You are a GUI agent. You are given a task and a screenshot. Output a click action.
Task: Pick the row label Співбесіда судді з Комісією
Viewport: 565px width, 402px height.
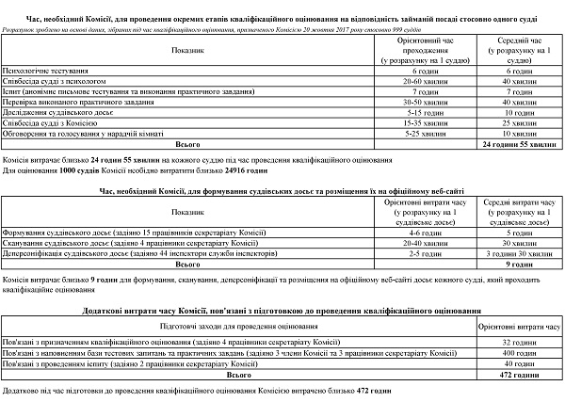click(x=49, y=122)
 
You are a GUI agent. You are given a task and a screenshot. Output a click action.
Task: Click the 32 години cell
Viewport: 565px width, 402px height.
click(x=519, y=341)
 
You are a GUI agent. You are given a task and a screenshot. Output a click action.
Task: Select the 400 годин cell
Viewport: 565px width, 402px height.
click(x=519, y=351)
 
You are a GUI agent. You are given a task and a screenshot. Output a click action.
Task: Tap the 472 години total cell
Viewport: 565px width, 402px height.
click(x=519, y=373)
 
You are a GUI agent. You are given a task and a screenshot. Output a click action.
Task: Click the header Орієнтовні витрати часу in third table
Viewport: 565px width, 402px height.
click(x=519, y=325)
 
